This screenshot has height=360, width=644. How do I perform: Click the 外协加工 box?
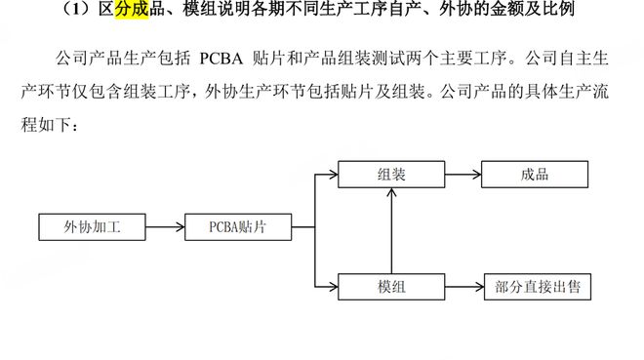pos(93,227)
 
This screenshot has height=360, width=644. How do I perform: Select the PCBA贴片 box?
pos(237,227)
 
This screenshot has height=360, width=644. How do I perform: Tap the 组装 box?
pos(391,175)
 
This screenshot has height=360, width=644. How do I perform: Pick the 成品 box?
pos(536,175)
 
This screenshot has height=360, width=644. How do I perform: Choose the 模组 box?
pos(391,287)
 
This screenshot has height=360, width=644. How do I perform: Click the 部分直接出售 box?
pos(537,287)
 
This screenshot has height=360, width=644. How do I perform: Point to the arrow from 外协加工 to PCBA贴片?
pos(165,227)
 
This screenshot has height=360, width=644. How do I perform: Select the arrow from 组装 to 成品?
pos(463,175)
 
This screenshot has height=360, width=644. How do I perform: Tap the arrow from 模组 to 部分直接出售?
pos(463,287)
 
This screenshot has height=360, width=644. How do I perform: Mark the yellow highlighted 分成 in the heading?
pos(134,12)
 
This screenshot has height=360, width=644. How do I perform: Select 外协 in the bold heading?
pos(459,12)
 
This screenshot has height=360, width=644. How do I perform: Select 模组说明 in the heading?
pos(213,12)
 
